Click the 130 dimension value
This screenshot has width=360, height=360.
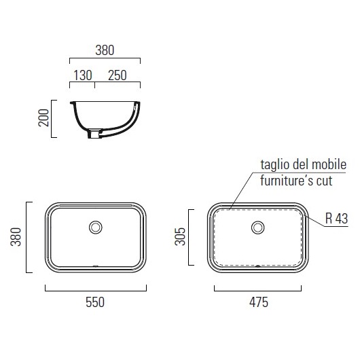(83, 75)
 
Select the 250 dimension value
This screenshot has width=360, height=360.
(118, 75)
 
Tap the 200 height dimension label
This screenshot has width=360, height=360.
(43, 118)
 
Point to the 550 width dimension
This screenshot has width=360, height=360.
(95, 302)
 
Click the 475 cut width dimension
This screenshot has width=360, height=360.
(259, 302)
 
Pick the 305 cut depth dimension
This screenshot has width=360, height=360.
(180, 236)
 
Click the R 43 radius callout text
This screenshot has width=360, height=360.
(337, 218)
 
